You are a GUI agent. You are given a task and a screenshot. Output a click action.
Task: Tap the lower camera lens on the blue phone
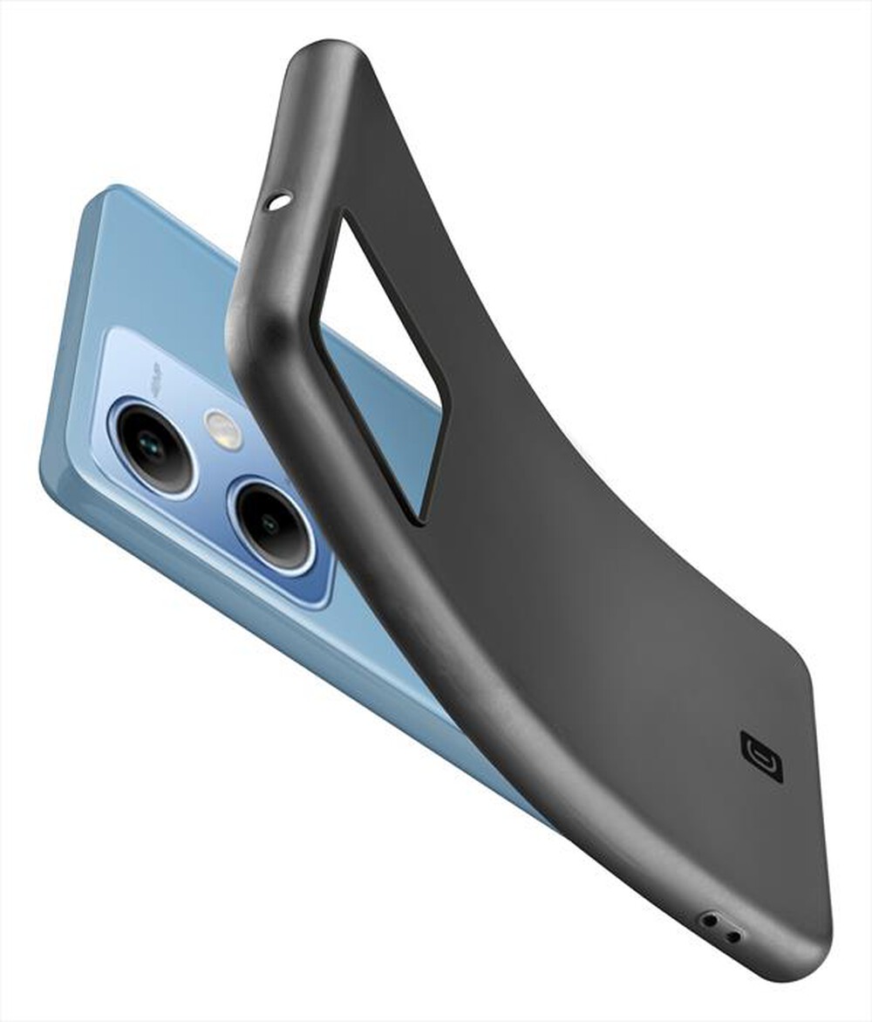272,525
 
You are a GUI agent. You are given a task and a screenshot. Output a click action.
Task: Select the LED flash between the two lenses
223,429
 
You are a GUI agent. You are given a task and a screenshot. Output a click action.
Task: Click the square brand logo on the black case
760,756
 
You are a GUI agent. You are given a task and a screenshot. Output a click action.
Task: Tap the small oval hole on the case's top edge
278,203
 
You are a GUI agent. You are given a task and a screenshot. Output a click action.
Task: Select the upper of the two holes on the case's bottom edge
711,920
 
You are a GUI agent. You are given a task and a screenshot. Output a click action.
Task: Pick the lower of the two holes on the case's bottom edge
733,936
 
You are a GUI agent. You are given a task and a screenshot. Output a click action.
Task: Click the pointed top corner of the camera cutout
344,218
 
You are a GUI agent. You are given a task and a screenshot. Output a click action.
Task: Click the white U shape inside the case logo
760,756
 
